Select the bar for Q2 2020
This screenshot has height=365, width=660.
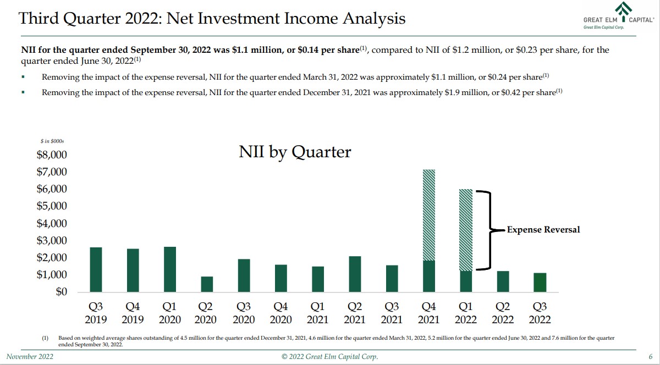206,284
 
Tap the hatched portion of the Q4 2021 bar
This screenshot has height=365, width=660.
428,214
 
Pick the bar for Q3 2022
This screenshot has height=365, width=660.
540,283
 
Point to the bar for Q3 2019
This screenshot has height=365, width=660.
96,269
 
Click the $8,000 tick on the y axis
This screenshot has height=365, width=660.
52,154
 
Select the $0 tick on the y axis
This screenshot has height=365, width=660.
61,292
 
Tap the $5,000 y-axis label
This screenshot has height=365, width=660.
52,206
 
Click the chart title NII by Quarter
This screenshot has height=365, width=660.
295,152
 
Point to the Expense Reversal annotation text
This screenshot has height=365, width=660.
543,230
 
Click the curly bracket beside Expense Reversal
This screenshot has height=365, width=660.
486,230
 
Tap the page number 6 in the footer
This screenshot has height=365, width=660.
651,357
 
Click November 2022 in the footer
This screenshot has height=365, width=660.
30,357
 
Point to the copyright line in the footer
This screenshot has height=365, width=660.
329,357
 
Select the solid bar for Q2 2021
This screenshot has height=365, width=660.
354,274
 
